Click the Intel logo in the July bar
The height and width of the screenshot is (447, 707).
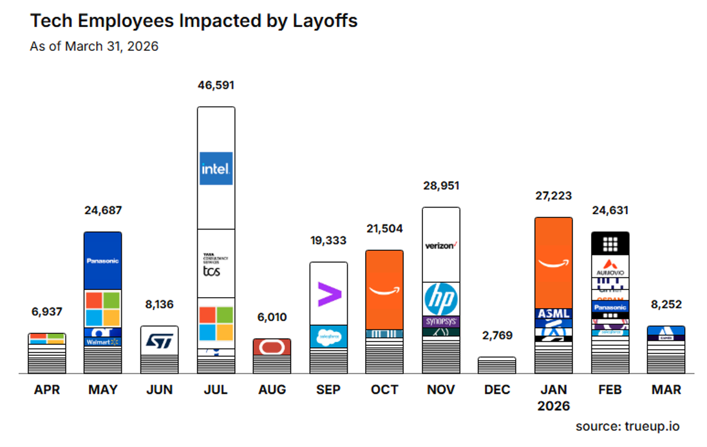coord(216,169)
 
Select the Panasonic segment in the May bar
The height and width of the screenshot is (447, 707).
coord(102,260)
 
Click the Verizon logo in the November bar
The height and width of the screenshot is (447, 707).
coord(441,245)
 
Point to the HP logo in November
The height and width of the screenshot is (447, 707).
coord(441,299)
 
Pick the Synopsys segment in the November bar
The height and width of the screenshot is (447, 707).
coord(441,321)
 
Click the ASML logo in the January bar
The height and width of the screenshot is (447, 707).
coord(554,315)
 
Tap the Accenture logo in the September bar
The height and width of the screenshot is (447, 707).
coord(329,294)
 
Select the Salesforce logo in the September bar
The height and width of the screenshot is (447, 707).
coord(329,336)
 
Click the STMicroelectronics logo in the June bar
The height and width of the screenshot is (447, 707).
coord(159,340)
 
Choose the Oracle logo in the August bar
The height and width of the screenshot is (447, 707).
coord(272,347)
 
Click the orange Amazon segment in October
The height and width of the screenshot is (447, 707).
coord(384,289)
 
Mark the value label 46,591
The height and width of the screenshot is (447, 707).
coord(216,86)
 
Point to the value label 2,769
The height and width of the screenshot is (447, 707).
coord(497,336)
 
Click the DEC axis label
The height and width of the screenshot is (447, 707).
coord(497,390)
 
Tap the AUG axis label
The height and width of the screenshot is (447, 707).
coord(272,390)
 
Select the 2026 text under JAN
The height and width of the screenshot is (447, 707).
coord(554,406)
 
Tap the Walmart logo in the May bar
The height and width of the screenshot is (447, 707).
coord(102,342)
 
